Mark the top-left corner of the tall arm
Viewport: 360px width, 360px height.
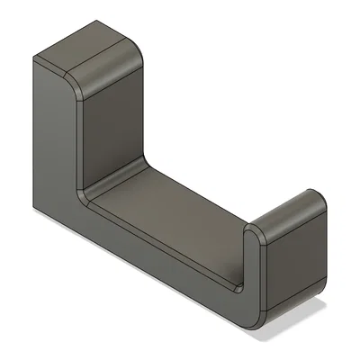[33, 59]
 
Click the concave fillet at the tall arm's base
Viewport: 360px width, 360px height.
[86, 193]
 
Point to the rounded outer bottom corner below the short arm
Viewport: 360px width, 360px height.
[256, 319]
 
